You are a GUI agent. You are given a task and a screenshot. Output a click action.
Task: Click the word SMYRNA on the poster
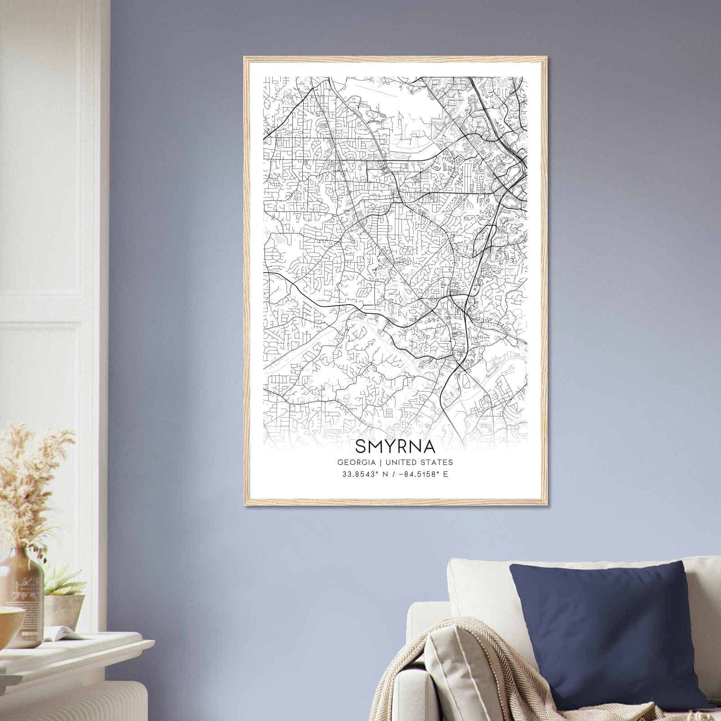click(x=395, y=446)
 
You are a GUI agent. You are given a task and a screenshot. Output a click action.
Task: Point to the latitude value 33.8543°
click(x=359, y=474)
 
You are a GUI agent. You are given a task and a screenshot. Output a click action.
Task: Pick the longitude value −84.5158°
click(x=416, y=474)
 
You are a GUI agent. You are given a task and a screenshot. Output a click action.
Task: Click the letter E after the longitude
click(x=446, y=474)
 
